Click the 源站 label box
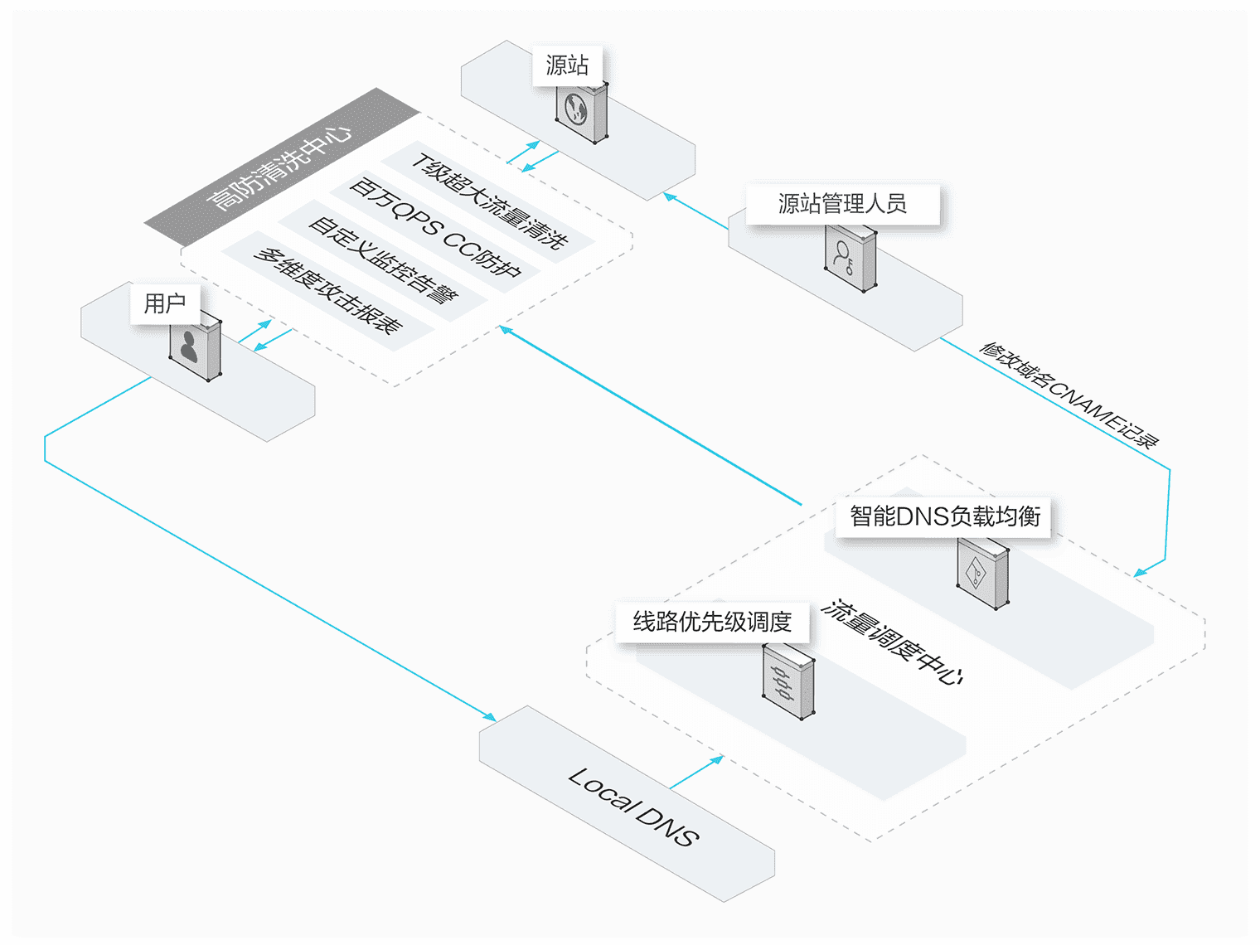567,65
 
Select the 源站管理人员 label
842,204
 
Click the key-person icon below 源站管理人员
850,258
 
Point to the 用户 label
165,303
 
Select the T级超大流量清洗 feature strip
489,201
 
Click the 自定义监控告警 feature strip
382,260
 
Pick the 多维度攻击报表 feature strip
328,290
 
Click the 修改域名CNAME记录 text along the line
1069,394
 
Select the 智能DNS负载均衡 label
945,516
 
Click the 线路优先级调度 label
712,622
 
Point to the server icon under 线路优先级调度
787,681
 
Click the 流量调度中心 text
892,642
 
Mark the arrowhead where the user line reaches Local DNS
491,718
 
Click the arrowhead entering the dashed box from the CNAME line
1141,572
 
